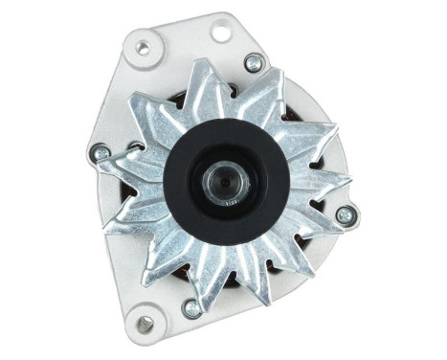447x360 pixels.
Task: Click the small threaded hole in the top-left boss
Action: (144, 47)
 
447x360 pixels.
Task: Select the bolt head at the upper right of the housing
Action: (254, 64)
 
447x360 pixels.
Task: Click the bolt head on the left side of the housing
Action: (101, 152)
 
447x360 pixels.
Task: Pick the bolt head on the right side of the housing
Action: (346, 215)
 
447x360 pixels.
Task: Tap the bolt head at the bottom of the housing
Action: (191, 307)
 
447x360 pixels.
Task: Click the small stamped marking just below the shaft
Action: (228, 203)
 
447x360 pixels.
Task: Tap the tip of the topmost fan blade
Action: (199, 63)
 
